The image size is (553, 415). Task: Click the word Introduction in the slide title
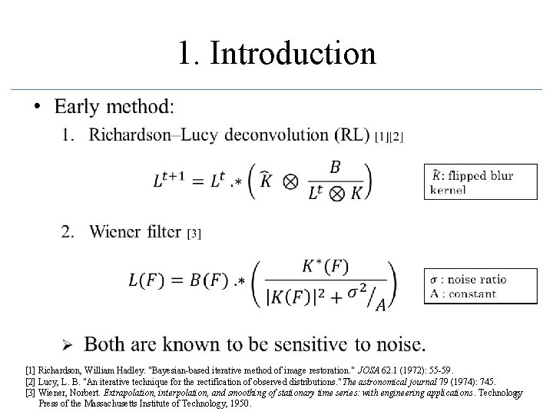coord(292,53)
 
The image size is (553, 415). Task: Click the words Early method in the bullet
coord(114,105)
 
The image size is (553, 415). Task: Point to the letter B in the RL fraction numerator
coord(335,167)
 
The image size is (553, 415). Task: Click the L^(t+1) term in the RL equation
coord(177,181)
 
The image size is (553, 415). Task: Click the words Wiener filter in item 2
coord(134,231)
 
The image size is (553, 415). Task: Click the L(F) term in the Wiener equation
coord(154,281)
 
